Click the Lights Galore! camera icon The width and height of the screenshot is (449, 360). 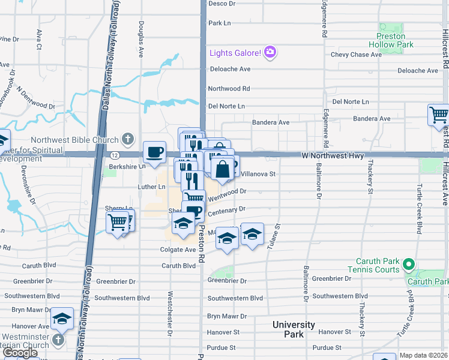click(x=270, y=53)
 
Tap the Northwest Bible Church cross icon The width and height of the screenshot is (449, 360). click(x=127, y=140)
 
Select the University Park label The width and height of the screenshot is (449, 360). click(x=294, y=329)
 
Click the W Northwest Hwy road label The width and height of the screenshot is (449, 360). click(x=333, y=155)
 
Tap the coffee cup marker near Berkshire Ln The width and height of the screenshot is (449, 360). click(x=154, y=152)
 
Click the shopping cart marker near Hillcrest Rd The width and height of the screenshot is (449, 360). click(x=439, y=115)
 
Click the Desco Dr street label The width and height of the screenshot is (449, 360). click(x=221, y=4)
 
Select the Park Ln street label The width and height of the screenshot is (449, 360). click(x=219, y=23)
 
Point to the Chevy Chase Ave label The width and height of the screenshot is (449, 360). click(x=356, y=55)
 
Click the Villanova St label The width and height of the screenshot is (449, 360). click(x=258, y=174)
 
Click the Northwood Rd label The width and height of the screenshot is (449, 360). click(x=229, y=88)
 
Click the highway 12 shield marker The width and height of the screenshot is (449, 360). click(x=113, y=155)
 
